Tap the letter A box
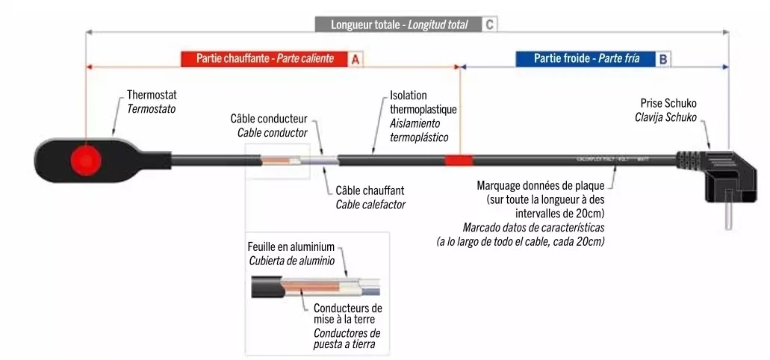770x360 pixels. [355, 58]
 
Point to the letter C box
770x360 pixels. [488, 25]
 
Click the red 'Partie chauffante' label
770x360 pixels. [264, 58]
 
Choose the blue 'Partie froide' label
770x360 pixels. [586, 58]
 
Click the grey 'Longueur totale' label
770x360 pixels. [400, 25]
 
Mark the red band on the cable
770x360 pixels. [459, 160]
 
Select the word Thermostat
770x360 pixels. [152, 96]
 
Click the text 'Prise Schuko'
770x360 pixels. [668, 103]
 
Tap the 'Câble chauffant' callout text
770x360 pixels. [370, 190]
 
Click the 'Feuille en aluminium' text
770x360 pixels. [291, 246]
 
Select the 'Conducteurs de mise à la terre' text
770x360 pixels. [347, 314]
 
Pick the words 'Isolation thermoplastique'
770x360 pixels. [423, 103]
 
